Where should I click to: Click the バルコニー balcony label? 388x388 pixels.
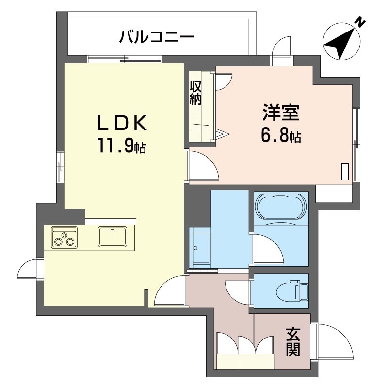[x=156, y=37]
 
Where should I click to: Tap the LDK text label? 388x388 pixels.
[x=123, y=123]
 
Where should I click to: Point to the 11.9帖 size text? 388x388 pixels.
[x=122, y=146]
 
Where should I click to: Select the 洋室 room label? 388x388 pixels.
[x=281, y=113]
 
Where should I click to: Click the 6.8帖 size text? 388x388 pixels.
[x=281, y=136]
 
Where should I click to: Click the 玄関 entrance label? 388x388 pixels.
[x=293, y=342]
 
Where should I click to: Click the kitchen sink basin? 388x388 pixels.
[x=113, y=237]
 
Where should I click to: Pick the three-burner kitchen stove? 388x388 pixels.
[x=65, y=237]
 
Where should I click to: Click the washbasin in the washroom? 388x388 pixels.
[x=199, y=248]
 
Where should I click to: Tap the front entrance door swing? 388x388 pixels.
[x=333, y=342]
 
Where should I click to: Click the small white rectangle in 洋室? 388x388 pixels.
[x=345, y=172]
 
